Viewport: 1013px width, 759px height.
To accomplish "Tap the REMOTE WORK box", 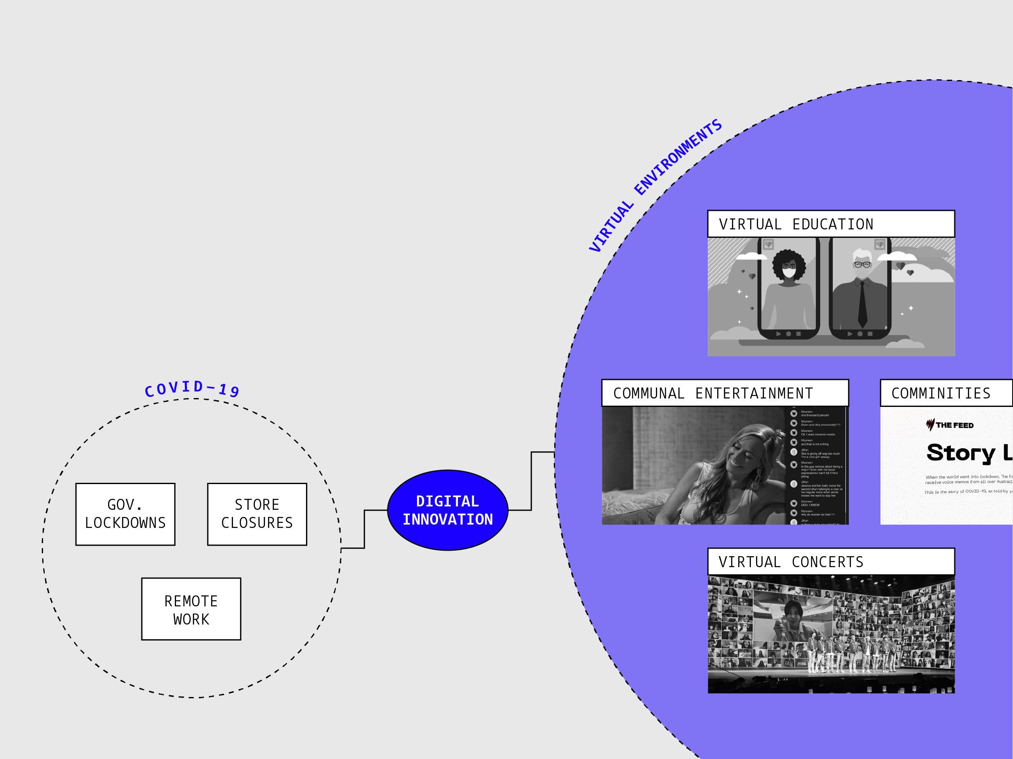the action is pos(191,609).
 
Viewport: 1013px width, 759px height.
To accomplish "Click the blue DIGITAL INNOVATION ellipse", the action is pos(447,510).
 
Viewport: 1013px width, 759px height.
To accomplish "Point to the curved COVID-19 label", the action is pos(192,388).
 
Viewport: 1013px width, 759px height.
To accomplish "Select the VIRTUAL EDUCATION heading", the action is pos(796,224).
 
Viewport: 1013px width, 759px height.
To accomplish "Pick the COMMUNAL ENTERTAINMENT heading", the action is pos(712,393).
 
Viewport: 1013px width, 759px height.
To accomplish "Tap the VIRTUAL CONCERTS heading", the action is pos(791,562).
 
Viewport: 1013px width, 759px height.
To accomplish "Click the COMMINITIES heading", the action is pos(941,393).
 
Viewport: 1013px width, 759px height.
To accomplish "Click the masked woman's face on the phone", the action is pos(788,268).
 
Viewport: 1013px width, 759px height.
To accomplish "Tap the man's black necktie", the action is pos(862,304).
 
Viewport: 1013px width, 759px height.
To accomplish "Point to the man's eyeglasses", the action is pos(862,264).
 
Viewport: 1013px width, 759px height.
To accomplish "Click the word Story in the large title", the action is pos(960,452).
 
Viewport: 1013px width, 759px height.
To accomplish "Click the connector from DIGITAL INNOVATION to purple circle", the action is pos(531,480).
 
